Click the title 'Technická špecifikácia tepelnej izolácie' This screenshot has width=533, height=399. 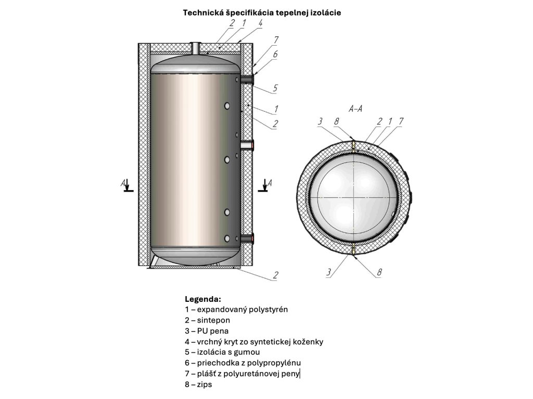[262, 12]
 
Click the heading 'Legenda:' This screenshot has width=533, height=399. [203, 299]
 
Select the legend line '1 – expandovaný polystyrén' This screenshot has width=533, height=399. [236, 309]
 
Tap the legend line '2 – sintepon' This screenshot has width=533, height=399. [207, 320]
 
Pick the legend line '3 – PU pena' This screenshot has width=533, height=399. [207, 331]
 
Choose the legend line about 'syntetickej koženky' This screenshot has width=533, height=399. [254, 342]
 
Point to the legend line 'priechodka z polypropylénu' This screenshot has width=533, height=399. [243, 363]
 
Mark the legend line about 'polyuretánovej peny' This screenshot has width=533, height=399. [242, 374]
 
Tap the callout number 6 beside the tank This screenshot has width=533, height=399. [275, 54]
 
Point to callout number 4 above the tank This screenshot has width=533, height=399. [260, 24]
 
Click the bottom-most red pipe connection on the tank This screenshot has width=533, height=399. [252, 238]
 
